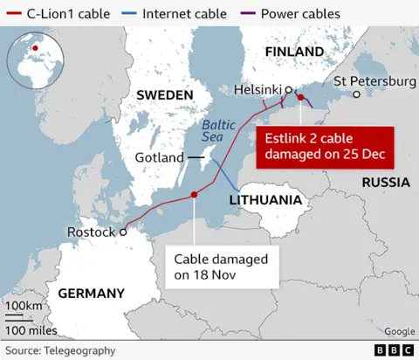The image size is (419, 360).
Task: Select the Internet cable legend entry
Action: pyautogui.click(x=178, y=13)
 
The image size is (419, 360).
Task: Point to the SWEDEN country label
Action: pyautogui.click(x=163, y=94)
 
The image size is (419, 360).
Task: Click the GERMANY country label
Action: pyautogui.click(x=91, y=293)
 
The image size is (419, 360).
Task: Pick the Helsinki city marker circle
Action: pyautogui.click(x=288, y=89)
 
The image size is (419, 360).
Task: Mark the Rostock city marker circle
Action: pyautogui.click(x=123, y=232)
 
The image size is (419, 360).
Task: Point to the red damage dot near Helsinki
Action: pyautogui.click(x=300, y=98)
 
